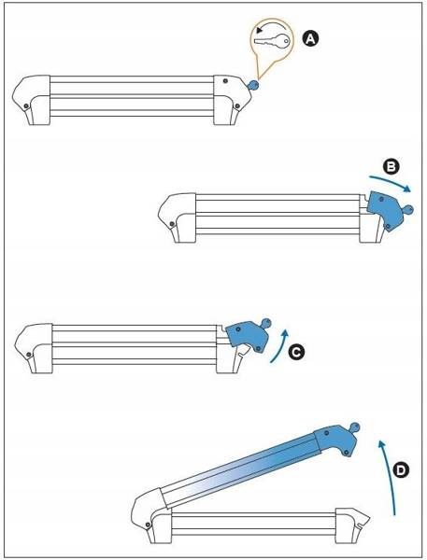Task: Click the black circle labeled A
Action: point(310,38)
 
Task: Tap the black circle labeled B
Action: point(391,166)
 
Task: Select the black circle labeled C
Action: point(296,352)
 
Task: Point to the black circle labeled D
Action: point(401,470)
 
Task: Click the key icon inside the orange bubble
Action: point(271,41)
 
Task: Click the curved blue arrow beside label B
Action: point(390,183)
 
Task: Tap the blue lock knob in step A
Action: point(253,85)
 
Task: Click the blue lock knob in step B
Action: point(407,209)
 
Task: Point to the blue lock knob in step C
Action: point(265,323)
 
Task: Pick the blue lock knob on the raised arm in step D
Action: point(354,427)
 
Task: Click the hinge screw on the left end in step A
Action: point(26,106)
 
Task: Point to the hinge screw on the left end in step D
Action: point(148,525)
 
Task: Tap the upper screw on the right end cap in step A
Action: point(224,81)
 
